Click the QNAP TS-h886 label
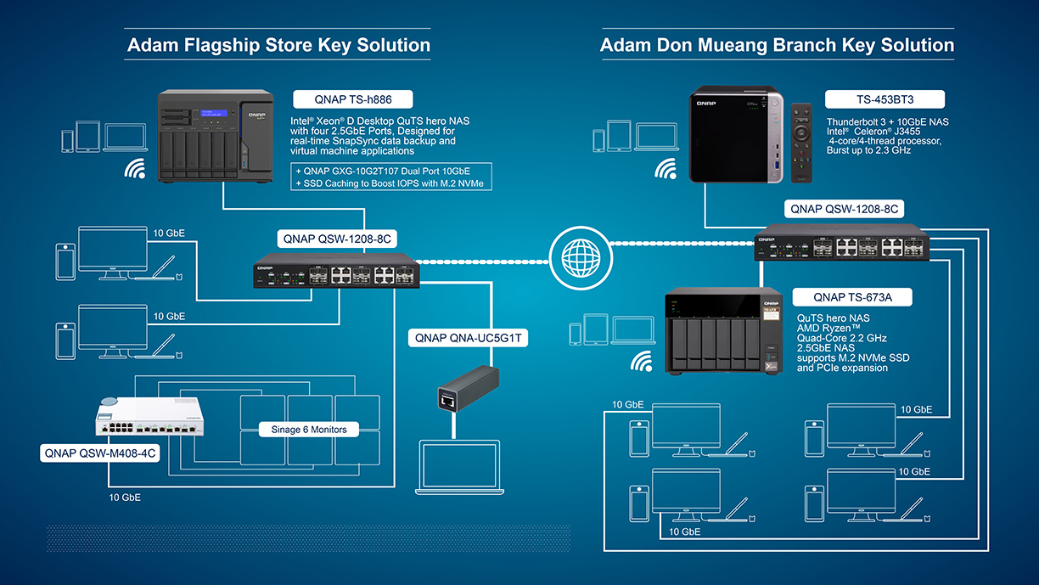[353, 99]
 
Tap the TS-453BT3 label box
[885, 99]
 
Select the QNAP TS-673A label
[852, 297]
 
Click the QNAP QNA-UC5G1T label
[468, 338]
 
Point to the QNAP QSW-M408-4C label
[100, 453]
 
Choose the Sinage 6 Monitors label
[309, 430]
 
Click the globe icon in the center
[581, 258]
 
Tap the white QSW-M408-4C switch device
[149, 416]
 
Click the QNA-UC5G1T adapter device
[468, 389]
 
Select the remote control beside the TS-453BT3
[801, 143]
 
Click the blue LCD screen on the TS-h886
[214, 113]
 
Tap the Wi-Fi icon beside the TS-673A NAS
[642, 362]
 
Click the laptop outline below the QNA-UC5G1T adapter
[459, 467]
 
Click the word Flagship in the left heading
[222, 46]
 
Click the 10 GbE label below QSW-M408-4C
[125, 498]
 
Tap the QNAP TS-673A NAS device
[723, 330]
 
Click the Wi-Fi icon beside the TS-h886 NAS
[135, 168]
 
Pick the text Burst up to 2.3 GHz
[868, 150]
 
